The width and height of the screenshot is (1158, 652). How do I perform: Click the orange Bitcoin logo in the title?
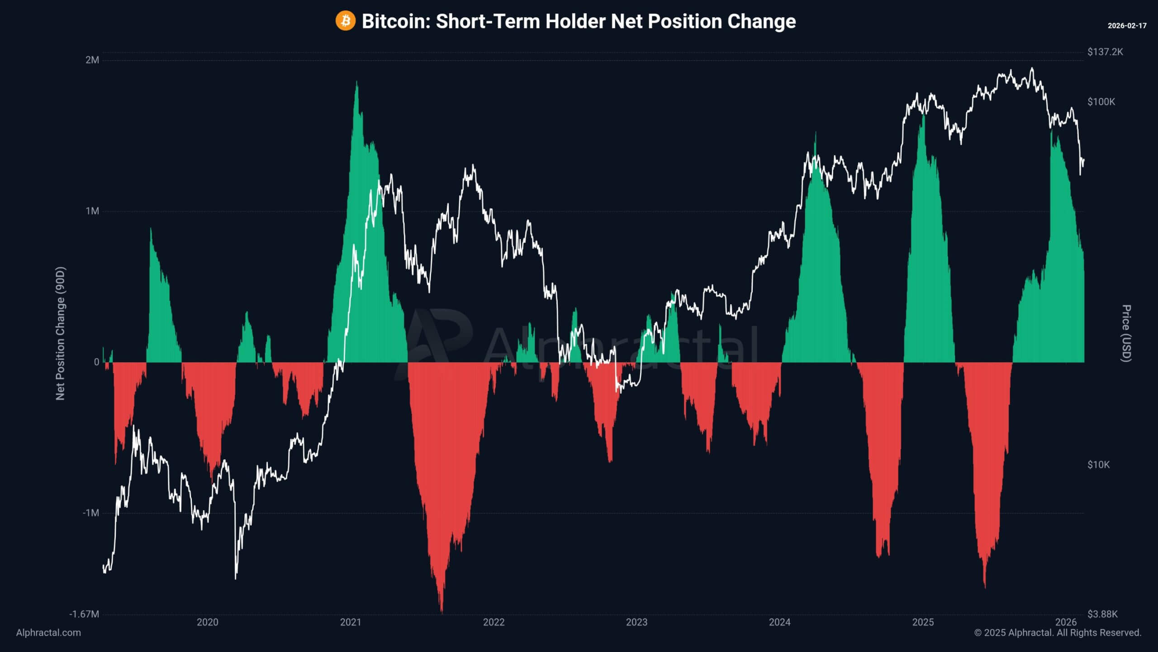coord(345,21)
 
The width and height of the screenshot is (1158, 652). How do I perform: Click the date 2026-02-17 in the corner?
coord(1127,26)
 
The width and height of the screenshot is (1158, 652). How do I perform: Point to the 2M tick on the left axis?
coord(92,60)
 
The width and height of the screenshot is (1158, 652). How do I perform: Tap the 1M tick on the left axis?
coord(92,211)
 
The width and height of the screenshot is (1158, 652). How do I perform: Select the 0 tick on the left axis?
coord(96,362)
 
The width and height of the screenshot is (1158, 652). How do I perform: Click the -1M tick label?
coord(90,513)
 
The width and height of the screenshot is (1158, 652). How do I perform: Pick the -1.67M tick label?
coord(84,614)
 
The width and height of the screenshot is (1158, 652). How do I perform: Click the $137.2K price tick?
coord(1105,52)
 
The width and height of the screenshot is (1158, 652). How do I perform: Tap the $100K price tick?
coord(1101,102)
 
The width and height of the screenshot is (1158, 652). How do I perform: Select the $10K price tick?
coord(1098,465)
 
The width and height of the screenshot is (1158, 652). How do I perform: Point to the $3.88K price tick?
coord(1102,614)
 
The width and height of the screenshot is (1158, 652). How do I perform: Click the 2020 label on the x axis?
coord(207,622)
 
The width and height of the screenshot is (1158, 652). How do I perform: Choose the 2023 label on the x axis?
coord(636,622)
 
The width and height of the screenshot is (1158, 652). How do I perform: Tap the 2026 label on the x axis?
coord(1066,622)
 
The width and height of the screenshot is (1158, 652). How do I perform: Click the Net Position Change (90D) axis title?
coord(60,333)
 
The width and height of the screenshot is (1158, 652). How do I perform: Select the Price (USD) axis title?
coord(1126,333)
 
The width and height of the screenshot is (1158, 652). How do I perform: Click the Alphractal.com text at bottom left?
coord(48,633)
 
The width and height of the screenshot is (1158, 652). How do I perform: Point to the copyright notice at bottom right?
coord(1058,633)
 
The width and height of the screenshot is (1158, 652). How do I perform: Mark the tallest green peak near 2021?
coord(357,83)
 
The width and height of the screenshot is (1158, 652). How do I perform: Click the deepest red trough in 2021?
coord(441,611)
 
